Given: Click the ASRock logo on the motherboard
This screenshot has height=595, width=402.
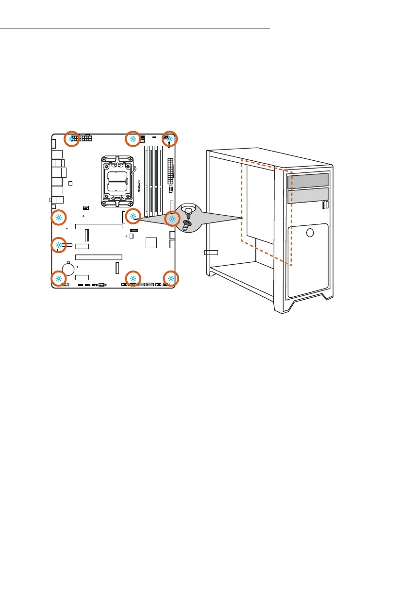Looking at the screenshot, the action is coord(139,187).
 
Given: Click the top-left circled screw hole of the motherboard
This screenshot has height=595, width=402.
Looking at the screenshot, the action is coord(72,138).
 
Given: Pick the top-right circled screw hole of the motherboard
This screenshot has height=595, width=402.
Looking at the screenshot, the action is coord(170,138).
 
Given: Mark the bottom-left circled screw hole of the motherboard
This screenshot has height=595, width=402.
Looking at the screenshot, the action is coord(58,278).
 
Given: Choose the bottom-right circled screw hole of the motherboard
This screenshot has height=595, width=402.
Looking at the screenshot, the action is coord(171,278).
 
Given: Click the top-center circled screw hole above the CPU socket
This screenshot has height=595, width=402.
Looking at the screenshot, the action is coord(133,138).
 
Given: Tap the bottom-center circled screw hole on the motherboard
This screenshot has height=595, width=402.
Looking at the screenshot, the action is coord(133,278).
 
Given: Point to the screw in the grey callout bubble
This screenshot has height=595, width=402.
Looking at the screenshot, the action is coord(186,224).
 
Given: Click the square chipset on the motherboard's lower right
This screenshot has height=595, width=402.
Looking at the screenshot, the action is coord(151,242).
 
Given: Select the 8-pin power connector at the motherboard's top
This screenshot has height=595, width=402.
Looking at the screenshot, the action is coord(87,140).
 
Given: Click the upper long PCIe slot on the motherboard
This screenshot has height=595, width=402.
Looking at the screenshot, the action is coord(99,226).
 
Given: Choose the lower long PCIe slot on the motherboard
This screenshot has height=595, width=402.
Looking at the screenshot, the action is coord(99,256).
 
